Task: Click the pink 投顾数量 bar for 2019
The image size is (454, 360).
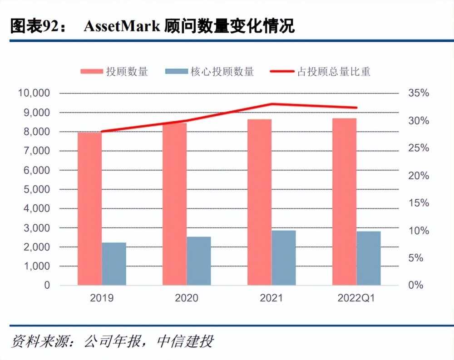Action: tap(89, 209)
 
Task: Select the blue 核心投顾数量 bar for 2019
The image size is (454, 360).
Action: tap(114, 264)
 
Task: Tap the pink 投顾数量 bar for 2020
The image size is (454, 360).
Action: tap(174, 204)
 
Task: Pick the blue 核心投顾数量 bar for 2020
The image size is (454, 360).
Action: tap(199, 261)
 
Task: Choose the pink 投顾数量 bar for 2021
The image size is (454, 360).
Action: tap(259, 202)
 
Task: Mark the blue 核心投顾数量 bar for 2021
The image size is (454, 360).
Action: tap(284, 258)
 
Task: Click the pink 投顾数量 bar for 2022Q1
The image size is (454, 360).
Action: tap(344, 202)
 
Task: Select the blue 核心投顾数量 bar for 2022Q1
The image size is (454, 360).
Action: tap(369, 258)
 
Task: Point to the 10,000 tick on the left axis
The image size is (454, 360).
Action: tap(34, 93)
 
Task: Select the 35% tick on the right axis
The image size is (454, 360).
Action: tap(418, 93)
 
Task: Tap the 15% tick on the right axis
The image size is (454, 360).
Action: tap(418, 203)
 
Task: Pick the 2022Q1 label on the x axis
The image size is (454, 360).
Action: tap(356, 298)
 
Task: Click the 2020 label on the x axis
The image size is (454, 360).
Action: tap(187, 298)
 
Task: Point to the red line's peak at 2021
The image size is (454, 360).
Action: tap(271, 104)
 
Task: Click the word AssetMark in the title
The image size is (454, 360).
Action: tap(121, 26)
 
